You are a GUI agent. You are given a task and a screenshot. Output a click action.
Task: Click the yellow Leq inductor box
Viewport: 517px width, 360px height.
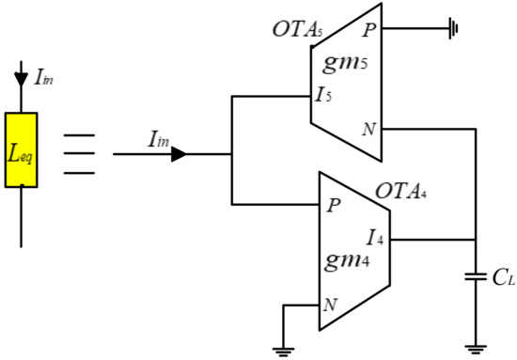click(x=21, y=150)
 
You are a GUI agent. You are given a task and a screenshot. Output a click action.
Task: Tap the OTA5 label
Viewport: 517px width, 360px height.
click(x=297, y=30)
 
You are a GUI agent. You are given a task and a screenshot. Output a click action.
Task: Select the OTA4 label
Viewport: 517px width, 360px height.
click(x=401, y=191)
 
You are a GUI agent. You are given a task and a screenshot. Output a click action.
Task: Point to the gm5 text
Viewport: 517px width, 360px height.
click(x=345, y=63)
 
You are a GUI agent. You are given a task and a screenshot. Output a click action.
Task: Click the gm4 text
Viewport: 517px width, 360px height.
click(x=347, y=260)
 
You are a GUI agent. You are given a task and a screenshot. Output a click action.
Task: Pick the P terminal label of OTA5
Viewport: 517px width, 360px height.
click(x=369, y=30)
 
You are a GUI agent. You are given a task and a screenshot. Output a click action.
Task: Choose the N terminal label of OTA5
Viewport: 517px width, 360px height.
click(x=369, y=129)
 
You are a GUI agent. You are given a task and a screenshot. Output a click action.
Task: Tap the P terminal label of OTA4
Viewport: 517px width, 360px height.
click(x=334, y=206)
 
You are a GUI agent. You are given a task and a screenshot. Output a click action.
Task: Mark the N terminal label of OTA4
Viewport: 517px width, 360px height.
click(x=330, y=305)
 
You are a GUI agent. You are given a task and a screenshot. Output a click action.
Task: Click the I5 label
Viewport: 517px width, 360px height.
click(x=323, y=95)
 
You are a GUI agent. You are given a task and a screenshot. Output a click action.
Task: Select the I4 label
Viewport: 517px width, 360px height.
click(x=375, y=238)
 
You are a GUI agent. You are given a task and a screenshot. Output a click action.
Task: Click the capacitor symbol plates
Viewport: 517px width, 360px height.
click(x=476, y=277)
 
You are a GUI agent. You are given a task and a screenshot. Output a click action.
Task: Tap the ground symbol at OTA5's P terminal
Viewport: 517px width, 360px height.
click(x=453, y=28)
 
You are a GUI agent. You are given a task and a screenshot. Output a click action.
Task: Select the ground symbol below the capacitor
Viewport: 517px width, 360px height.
click(x=476, y=350)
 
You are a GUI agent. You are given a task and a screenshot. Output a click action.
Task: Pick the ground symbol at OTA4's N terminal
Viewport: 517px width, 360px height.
click(x=283, y=352)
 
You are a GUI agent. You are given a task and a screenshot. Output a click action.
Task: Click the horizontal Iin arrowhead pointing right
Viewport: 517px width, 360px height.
click(x=179, y=154)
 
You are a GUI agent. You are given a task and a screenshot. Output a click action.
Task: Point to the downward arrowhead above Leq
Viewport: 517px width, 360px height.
click(x=21, y=79)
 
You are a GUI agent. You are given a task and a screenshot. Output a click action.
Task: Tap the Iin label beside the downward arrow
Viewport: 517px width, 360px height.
click(x=44, y=78)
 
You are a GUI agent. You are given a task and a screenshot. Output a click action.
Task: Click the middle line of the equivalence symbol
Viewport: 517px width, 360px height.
click(x=79, y=153)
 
